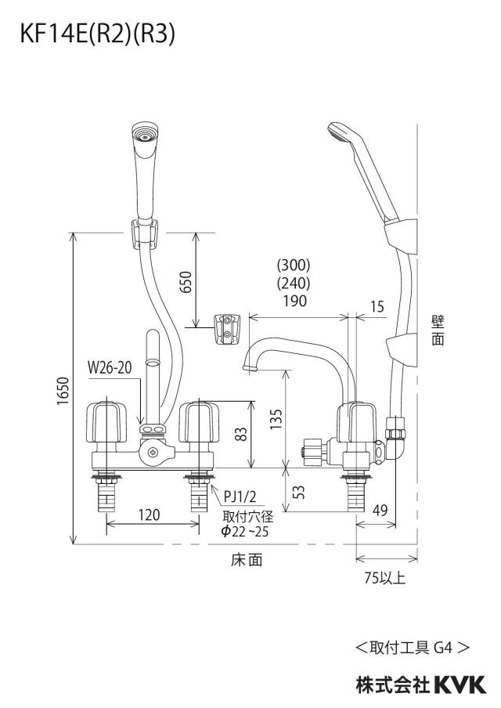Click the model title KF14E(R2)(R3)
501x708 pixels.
[97, 34]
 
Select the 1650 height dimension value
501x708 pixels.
[63, 391]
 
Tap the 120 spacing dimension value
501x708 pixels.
[149, 515]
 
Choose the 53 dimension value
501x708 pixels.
[299, 491]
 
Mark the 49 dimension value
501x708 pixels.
[380, 510]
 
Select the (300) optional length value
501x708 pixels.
[294, 264]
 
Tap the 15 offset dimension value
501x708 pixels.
[377, 306]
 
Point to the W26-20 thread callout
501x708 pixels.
[110, 367]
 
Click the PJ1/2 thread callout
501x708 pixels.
[240, 497]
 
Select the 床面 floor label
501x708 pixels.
[247, 560]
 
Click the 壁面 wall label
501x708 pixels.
[438, 331]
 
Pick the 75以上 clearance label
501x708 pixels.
[385, 577]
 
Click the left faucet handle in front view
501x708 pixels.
[106, 422]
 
